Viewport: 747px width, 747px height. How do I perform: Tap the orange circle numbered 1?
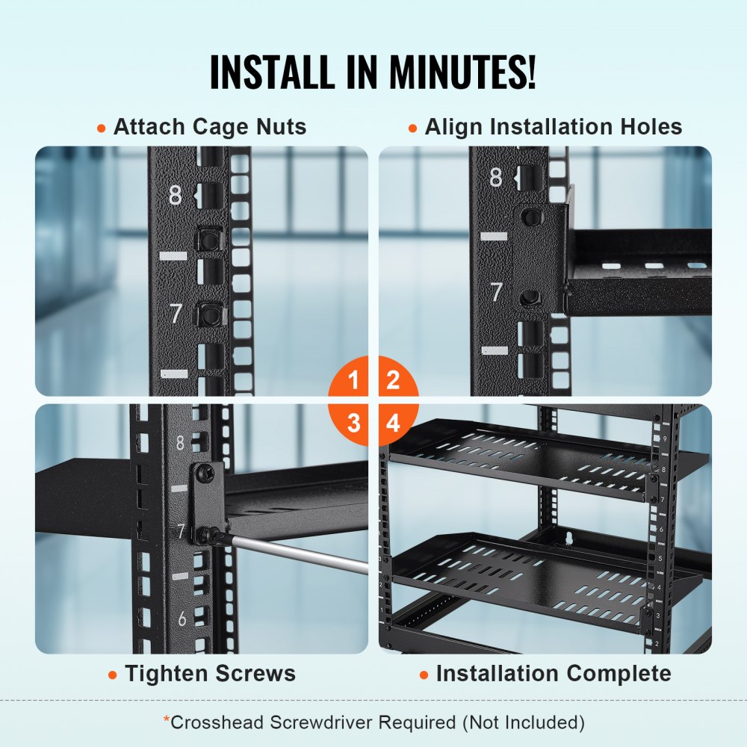(353, 381)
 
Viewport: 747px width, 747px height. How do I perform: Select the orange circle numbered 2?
(393, 381)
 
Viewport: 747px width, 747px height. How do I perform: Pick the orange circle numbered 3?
(353, 424)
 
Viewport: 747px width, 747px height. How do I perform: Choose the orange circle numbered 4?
(393, 424)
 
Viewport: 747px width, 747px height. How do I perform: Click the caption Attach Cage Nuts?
(209, 127)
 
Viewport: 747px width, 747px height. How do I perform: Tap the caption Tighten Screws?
(210, 674)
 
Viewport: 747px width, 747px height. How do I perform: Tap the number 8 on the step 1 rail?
(175, 196)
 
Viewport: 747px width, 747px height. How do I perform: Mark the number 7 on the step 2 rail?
(496, 292)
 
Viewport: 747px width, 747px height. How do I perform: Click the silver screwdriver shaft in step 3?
(299, 554)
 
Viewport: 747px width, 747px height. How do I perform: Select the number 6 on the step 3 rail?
(182, 619)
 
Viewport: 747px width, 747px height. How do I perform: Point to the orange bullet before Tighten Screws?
(112, 675)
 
